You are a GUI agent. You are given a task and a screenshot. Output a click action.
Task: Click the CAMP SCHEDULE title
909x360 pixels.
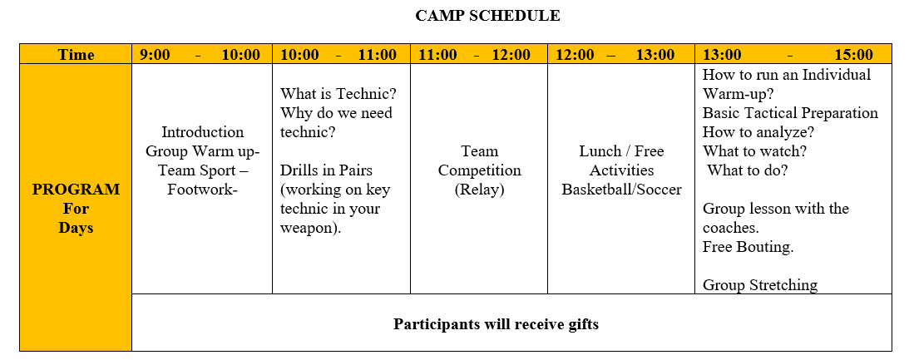pos(487,16)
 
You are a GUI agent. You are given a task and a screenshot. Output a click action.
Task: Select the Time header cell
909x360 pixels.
pos(76,55)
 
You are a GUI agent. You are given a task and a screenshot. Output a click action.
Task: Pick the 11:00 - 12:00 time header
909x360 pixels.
pos(474,55)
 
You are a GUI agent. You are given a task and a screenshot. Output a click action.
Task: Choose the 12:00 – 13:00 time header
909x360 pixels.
pos(615,55)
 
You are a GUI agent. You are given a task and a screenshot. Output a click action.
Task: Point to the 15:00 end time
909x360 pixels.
pos(853,55)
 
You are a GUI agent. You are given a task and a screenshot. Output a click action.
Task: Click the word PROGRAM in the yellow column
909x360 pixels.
pos(76,190)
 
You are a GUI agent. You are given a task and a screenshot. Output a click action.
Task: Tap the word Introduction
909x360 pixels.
pos(202,132)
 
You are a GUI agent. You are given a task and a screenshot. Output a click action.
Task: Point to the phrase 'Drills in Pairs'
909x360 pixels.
pos(326,170)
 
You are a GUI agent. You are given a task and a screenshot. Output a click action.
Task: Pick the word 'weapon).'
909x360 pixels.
pos(311,228)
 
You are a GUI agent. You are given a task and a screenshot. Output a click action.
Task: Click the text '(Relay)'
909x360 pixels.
pos(479,190)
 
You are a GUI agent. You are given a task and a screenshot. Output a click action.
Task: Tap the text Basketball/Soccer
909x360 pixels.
pos(621,190)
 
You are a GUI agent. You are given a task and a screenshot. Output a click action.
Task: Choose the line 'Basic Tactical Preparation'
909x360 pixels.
pos(790,113)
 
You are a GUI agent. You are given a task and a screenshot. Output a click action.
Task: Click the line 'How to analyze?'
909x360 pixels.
pos(758,132)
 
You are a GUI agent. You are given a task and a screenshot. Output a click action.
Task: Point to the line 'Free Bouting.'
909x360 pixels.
pos(748,247)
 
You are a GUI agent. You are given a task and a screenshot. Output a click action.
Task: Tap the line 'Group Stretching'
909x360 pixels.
pos(760,285)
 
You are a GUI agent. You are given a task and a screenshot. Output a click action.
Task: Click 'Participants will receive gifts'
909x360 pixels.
pos(496,324)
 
